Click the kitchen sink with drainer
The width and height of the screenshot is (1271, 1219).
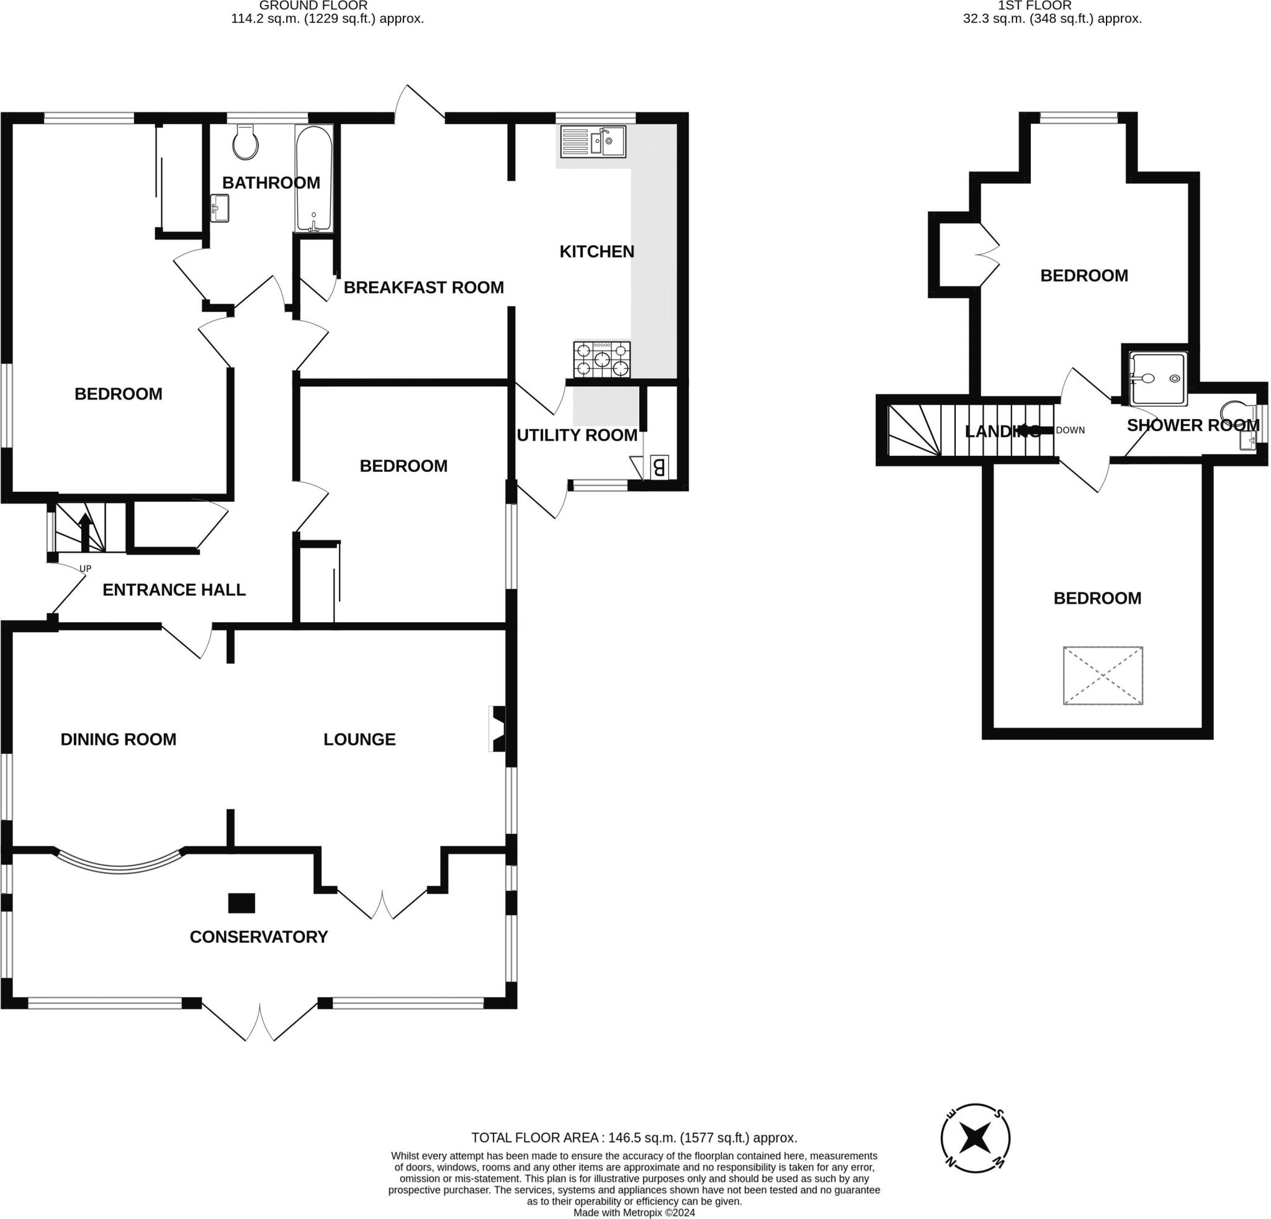pos(593,142)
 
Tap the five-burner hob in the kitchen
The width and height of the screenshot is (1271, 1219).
pos(601,359)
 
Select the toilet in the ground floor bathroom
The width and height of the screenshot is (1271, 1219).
pos(246,142)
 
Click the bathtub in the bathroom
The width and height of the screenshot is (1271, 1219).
pos(314,178)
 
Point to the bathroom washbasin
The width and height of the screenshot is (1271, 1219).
pos(219,209)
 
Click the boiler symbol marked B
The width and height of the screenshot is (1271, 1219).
pos(658,467)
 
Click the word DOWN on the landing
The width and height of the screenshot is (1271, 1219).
pos(1070,430)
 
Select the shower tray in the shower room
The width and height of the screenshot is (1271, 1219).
pos(1158,378)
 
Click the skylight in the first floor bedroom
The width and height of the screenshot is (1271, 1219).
pos(1102,676)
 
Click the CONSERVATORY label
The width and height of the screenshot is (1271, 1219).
pos(259,937)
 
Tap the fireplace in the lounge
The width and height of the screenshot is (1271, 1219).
pos(496,729)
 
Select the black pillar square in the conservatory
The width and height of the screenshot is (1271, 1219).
pos(241,902)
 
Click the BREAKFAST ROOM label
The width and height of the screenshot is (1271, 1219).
pos(423,288)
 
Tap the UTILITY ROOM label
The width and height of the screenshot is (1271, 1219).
pos(577,435)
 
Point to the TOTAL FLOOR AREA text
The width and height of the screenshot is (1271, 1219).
pos(634,1137)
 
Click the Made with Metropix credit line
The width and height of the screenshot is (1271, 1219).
pos(634,1213)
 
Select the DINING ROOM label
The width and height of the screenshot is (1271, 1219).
pos(118,740)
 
